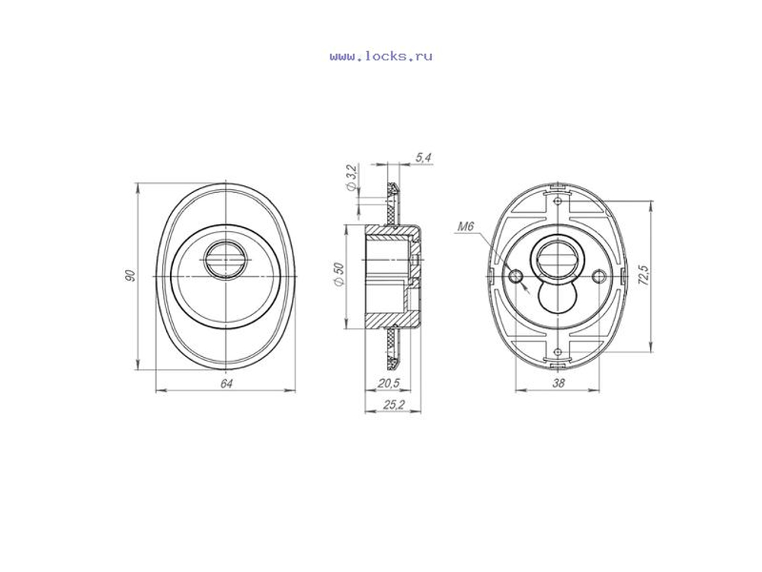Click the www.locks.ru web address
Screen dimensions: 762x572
[380, 56]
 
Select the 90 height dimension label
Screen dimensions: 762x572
[130, 275]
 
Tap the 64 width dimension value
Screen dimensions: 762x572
[226, 384]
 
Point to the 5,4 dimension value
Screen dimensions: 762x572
[423, 158]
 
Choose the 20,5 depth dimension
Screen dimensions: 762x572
[389, 384]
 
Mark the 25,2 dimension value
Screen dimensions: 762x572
[394, 404]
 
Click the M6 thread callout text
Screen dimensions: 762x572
[466, 227]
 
